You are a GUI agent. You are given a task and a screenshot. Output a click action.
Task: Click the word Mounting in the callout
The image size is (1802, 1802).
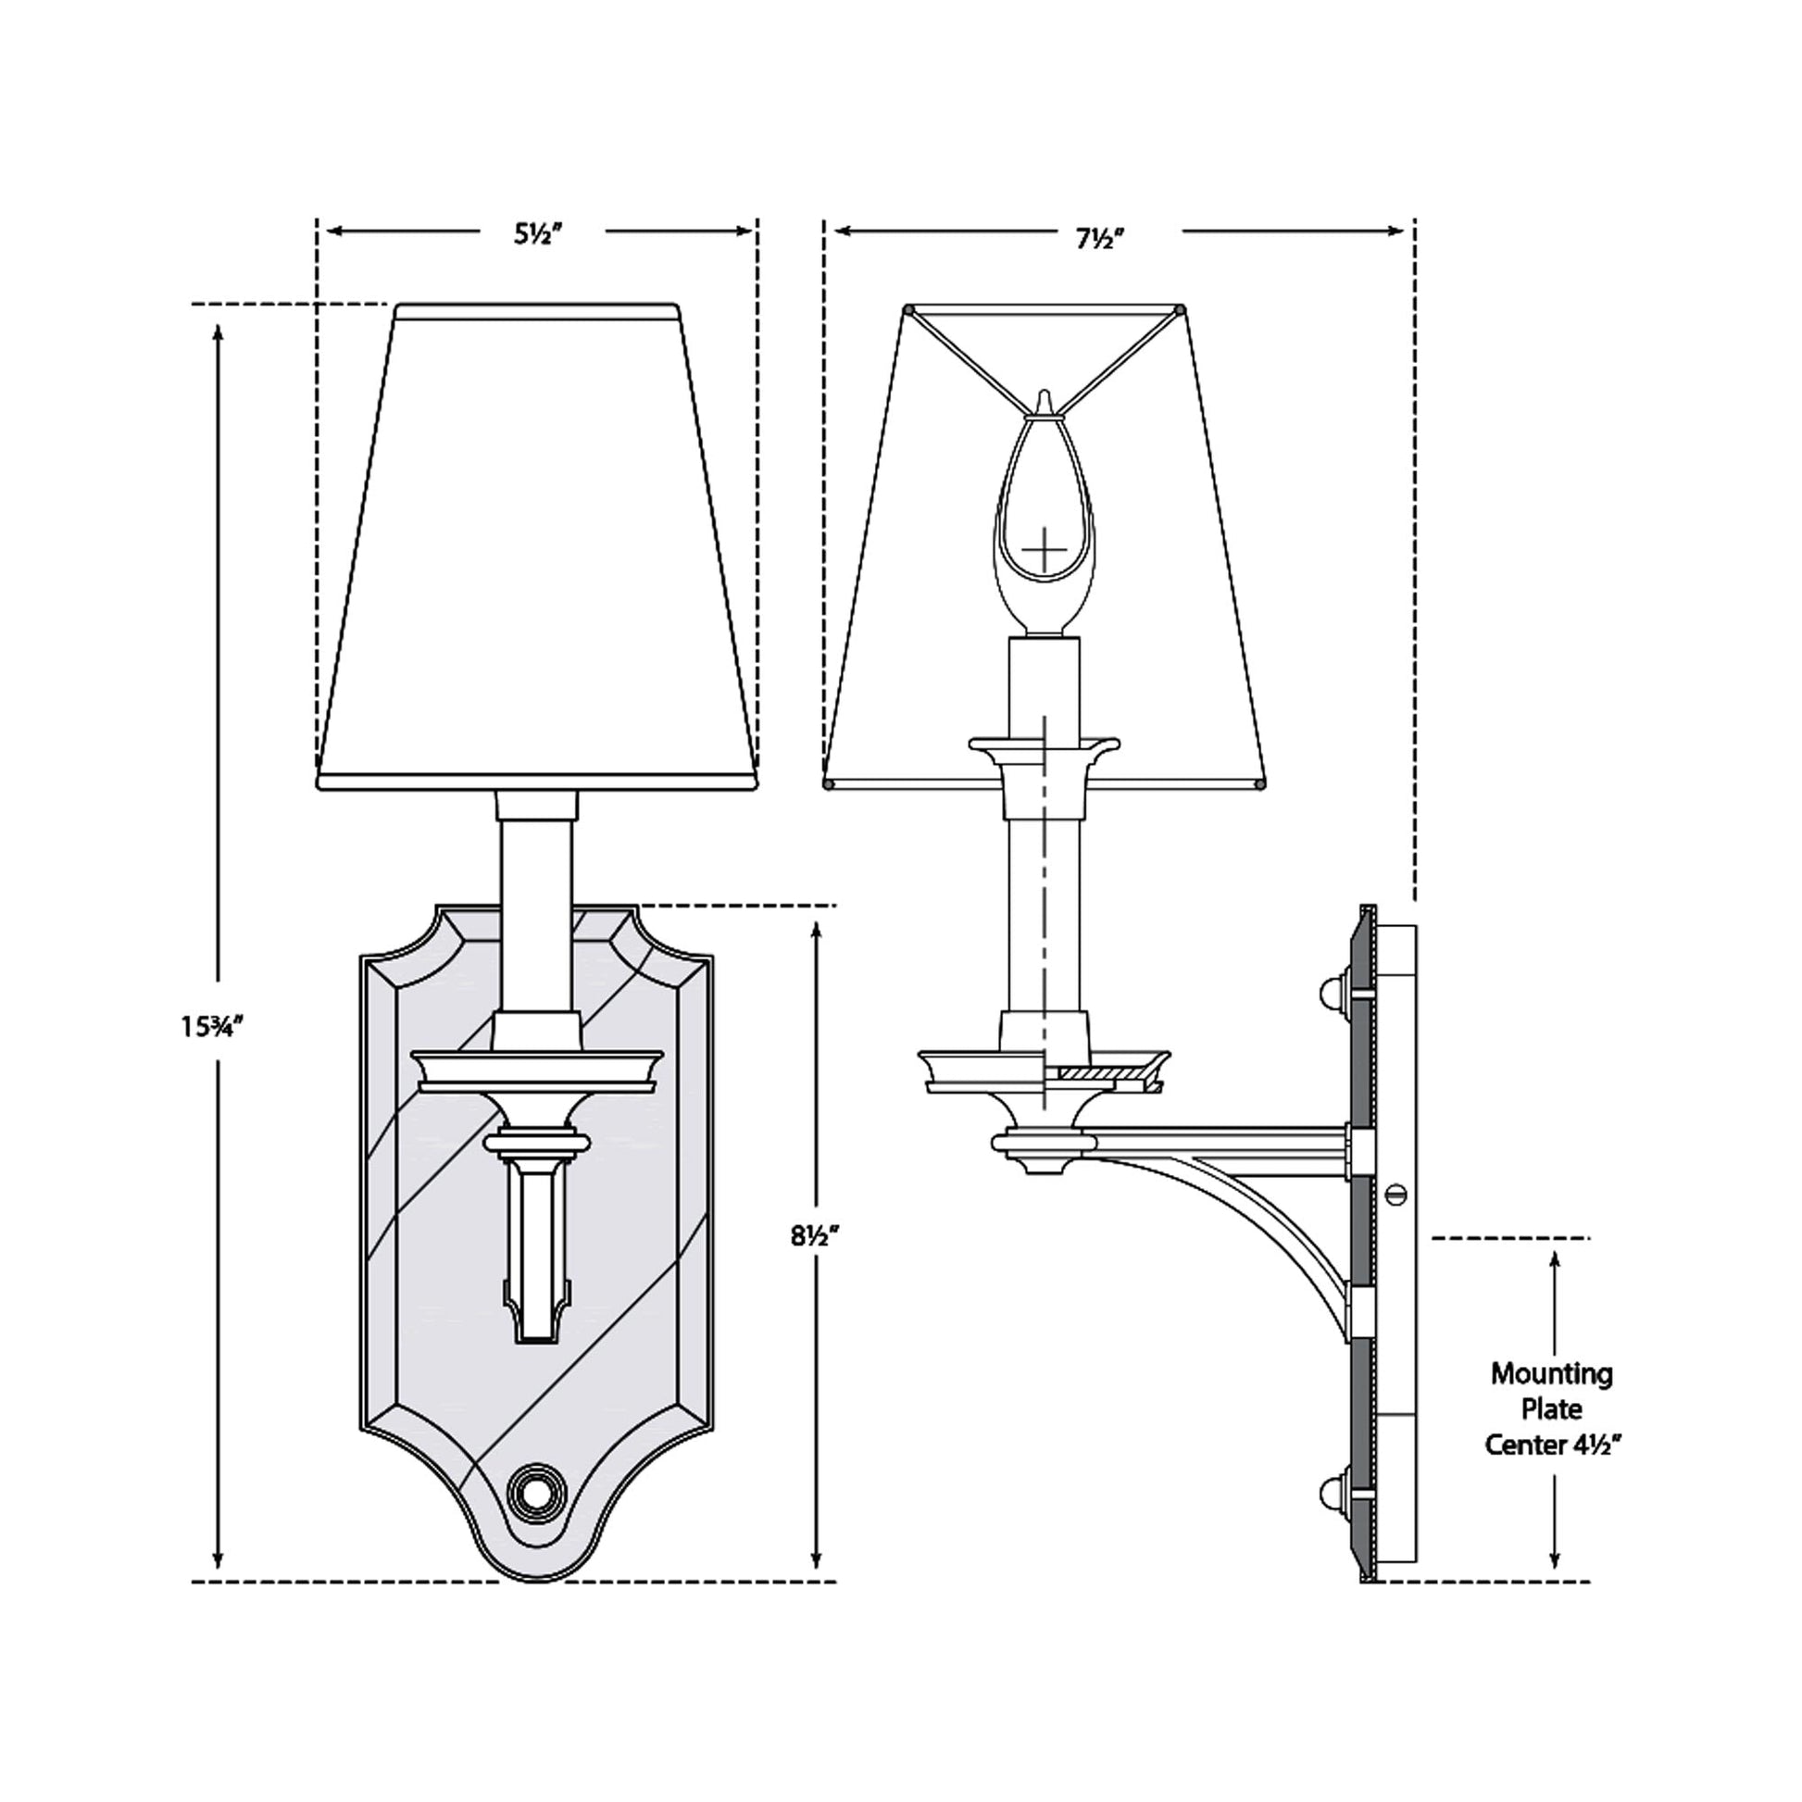click(1552, 1374)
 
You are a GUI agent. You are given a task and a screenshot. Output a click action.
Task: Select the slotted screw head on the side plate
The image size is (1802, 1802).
click(1395, 1193)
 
